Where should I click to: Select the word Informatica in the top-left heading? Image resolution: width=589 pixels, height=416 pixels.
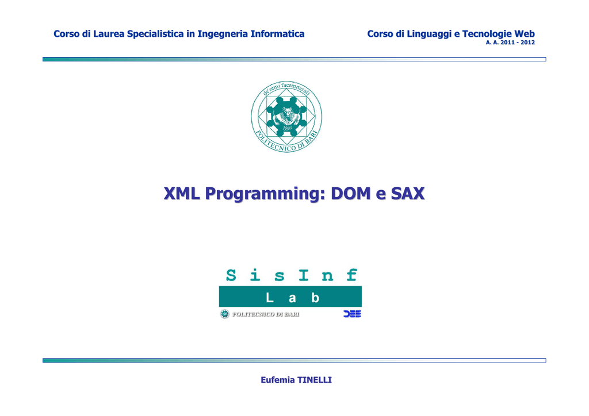pyautogui.click(x=277, y=34)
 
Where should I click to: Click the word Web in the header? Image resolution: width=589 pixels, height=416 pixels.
pyautogui.click(x=525, y=34)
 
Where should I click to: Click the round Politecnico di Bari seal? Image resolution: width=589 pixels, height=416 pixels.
pyautogui.click(x=286, y=117)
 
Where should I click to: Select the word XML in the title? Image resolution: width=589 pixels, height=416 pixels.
pyautogui.click(x=182, y=194)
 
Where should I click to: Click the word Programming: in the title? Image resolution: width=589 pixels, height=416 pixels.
pyautogui.click(x=265, y=194)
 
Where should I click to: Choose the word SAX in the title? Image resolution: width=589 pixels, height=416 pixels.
pyautogui.click(x=408, y=194)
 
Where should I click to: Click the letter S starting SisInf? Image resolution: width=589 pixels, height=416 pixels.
pyautogui.click(x=231, y=275)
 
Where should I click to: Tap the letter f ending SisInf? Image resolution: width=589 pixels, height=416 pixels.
pyautogui.click(x=351, y=275)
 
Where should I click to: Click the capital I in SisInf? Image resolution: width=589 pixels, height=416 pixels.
pyautogui.click(x=304, y=275)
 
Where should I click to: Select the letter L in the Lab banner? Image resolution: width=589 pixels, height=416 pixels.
pyautogui.click(x=269, y=298)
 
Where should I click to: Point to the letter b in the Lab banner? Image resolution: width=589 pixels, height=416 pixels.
pyautogui.click(x=315, y=298)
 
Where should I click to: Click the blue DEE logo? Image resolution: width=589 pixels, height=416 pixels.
pyautogui.click(x=352, y=314)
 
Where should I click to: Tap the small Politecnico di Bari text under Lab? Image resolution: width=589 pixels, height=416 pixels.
pyautogui.click(x=266, y=314)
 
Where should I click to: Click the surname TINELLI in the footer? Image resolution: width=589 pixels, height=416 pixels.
pyautogui.click(x=315, y=380)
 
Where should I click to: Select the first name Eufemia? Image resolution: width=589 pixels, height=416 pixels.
pyautogui.click(x=278, y=380)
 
